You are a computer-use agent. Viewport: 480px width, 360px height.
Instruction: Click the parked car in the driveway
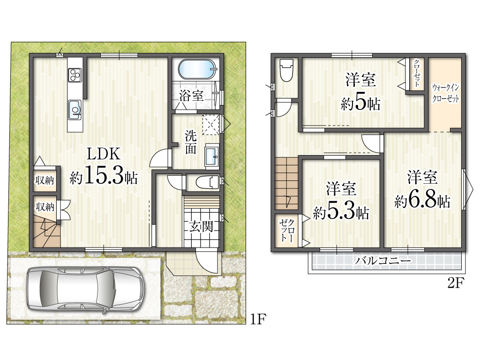[85, 288]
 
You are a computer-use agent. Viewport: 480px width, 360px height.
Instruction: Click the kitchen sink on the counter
[75, 110]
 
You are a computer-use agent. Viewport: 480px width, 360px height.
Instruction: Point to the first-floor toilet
[207, 183]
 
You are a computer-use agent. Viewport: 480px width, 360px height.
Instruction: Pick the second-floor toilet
[286, 70]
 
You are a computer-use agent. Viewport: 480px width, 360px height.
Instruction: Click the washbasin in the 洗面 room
[212, 156]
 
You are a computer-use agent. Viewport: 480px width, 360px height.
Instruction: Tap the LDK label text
[104, 154]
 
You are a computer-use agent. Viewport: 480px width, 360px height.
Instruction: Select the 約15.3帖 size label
[104, 175]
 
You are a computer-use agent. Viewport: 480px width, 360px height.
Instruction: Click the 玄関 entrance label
[201, 226]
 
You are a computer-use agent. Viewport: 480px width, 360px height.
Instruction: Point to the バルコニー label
[382, 261]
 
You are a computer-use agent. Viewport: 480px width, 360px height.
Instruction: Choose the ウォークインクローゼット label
[445, 93]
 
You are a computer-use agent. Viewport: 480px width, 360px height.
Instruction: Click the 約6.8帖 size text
[422, 200]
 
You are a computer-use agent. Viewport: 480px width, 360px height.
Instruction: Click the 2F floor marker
[456, 283]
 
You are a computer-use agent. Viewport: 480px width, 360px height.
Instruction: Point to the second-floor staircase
[286, 183]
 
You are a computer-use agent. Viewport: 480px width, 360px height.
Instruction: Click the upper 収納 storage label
[45, 180]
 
